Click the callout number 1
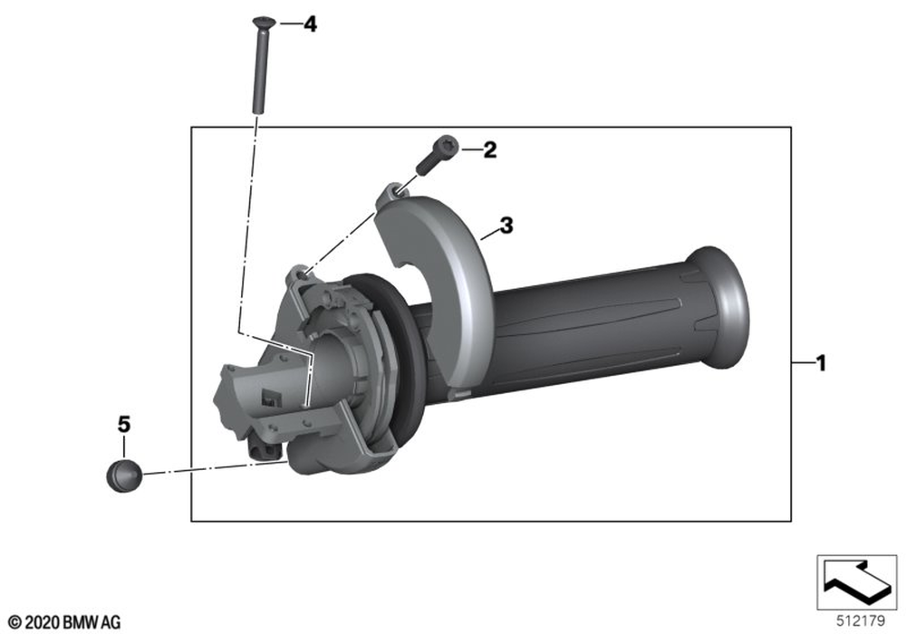(821, 363)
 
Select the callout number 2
(489, 150)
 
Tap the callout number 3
(506, 226)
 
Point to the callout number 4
(310, 24)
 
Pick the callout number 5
(124, 425)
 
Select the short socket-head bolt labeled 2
(437, 154)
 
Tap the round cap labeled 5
(123, 476)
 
